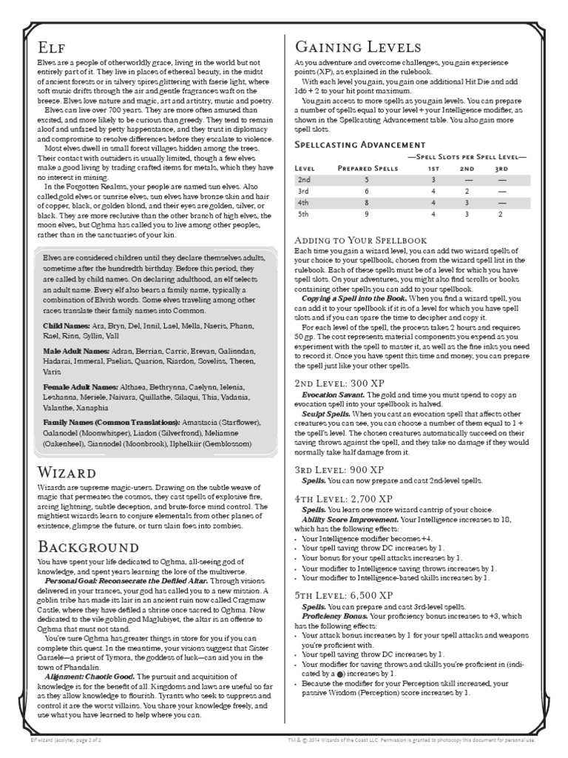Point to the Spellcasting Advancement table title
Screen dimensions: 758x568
(x=359, y=144)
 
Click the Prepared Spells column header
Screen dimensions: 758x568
(x=365, y=168)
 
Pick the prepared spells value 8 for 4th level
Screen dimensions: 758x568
(x=365, y=201)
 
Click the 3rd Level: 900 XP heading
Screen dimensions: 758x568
(x=339, y=469)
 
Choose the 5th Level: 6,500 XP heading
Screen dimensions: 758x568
(x=344, y=594)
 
